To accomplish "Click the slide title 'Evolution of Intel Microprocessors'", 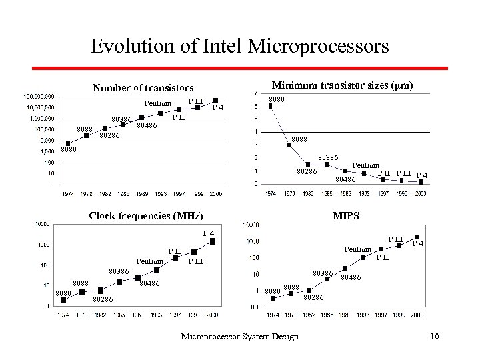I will tap(239, 46).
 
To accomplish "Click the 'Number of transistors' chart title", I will tap(143, 87).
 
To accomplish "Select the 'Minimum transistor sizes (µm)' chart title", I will tap(343, 85).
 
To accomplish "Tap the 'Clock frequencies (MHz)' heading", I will tap(146, 215).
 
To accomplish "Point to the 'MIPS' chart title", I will tap(346, 215).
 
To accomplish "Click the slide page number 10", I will tap(435, 337).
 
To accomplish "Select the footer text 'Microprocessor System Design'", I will tap(239, 337).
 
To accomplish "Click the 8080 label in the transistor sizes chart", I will tap(276, 99).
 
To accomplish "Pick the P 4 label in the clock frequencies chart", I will tap(209, 233).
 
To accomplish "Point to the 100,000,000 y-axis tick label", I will tap(39, 96).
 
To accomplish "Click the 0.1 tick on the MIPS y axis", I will tap(254, 307).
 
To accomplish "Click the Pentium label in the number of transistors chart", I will tap(158, 103).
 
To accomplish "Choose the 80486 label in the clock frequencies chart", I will tap(148, 283).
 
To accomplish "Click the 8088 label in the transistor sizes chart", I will tap(300, 140).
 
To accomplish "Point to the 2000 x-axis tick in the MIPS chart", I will tap(417, 315).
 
